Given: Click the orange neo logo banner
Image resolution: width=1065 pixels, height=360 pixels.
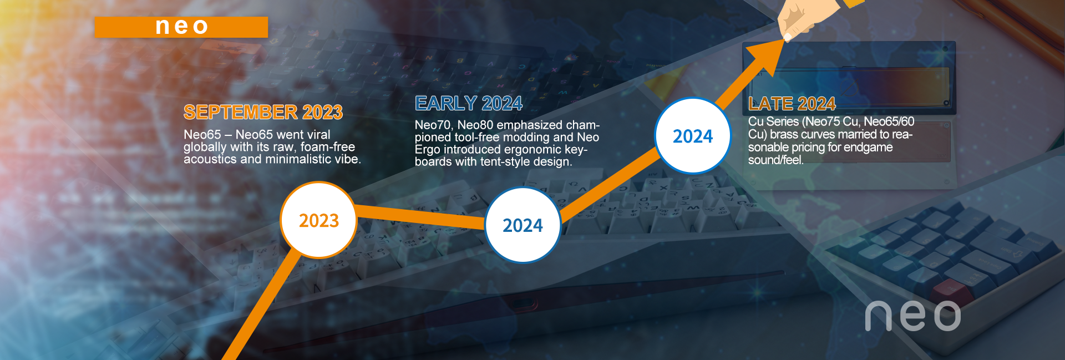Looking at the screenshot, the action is tap(181, 27).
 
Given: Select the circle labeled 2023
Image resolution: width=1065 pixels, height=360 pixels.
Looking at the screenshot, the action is tap(318, 220).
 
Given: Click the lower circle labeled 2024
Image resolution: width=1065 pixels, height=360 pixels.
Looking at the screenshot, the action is tap(523, 225).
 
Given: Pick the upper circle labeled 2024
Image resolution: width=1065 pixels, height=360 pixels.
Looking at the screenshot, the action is tap(693, 136).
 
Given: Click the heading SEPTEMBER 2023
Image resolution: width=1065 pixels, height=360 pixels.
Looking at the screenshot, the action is tap(263, 112).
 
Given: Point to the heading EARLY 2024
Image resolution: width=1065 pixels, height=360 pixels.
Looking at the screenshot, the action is tap(469, 103).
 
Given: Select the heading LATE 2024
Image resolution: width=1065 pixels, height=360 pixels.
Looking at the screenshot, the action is tap(792, 104).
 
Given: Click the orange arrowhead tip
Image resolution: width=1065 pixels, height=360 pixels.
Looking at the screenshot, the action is tap(786, 37).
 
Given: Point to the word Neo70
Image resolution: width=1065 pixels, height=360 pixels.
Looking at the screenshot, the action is tap(433, 125).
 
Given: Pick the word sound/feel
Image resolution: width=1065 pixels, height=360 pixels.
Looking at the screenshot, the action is tap(775, 160).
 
